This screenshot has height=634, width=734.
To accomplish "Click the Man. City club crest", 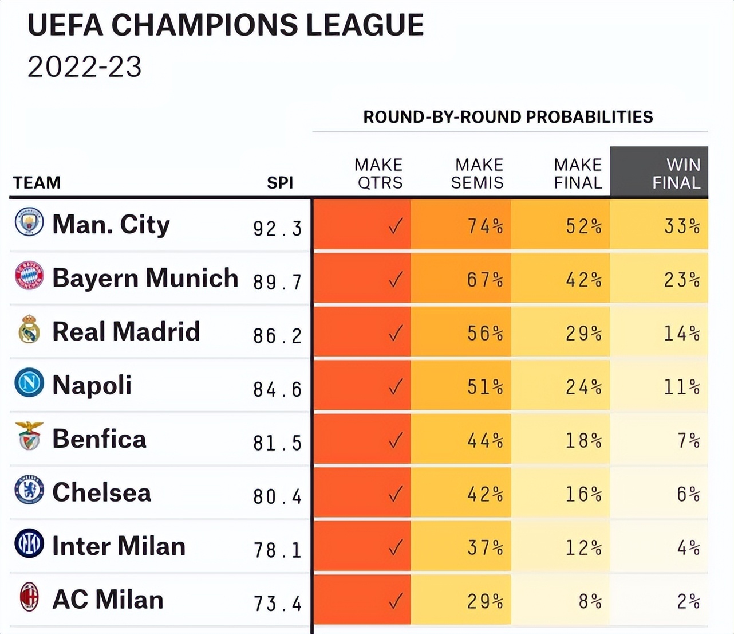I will coord(29,222).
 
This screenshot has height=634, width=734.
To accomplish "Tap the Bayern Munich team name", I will coord(145,278).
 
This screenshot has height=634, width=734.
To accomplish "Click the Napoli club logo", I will coord(29,383).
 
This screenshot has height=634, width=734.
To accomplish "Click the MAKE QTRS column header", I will coord(378,173).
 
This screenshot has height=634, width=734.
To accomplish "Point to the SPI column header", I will coord(280,182).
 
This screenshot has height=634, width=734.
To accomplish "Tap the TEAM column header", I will coord(37,182).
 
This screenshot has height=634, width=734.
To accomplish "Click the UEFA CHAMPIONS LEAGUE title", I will coord(226,25).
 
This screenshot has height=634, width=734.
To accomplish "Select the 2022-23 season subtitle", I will coord(85,67).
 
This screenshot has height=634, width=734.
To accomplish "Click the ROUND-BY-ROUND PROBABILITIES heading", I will coord(508,117).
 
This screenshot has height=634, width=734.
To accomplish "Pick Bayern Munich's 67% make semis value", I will coord(484,280).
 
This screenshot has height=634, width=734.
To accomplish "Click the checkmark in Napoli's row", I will coord(396,387).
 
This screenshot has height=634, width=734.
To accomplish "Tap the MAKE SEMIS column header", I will coord(479,173).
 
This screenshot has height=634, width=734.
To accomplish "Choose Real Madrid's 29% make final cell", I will coord(583,334).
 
